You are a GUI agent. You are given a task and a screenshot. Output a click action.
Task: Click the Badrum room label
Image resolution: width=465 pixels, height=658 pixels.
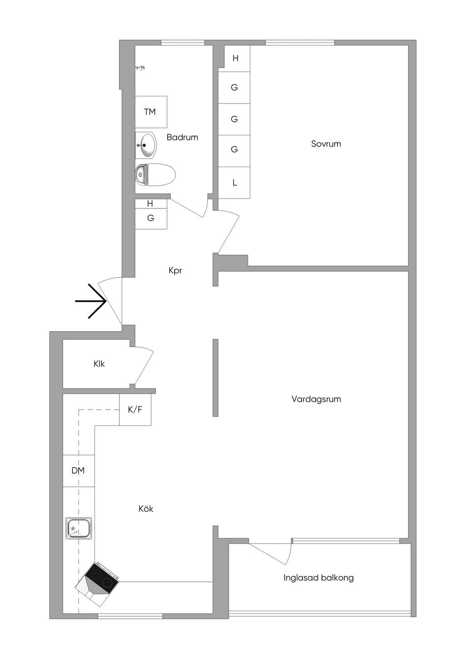(x=182, y=137)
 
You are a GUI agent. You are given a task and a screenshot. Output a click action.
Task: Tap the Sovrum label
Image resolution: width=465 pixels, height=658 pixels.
(x=326, y=144)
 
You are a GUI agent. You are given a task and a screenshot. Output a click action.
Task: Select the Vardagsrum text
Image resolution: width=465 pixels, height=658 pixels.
(x=316, y=399)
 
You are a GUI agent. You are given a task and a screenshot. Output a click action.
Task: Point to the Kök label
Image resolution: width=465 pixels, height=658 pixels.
(x=146, y=509)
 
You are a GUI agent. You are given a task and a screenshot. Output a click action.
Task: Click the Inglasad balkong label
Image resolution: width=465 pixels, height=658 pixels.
(x=318, y=578)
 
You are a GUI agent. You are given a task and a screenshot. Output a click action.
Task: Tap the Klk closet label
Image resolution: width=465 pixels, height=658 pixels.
(x=99, y=364)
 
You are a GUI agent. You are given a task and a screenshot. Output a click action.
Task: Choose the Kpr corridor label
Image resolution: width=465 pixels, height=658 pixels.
(x=175, y=271)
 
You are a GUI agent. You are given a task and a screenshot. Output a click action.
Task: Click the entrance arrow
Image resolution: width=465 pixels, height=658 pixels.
(x=90, y=301)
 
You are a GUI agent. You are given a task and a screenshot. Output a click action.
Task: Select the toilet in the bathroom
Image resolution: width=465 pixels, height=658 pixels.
(x=155, y=175)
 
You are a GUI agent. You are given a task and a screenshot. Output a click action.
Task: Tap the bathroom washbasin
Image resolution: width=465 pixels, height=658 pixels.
(x=146, y=145)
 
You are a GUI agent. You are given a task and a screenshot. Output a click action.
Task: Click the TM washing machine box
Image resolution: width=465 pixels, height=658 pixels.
(x=151, y=112)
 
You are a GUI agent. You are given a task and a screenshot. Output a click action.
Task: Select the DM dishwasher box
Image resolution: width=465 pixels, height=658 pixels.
(x=79, y=470)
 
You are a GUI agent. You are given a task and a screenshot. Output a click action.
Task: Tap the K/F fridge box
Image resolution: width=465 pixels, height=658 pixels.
(x=135, y=410)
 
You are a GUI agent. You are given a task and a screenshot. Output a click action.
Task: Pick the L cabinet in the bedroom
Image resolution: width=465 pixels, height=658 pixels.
(x=234, y=183)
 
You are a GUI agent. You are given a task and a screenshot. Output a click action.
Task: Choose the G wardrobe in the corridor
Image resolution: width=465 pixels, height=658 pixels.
(x=151, y=218)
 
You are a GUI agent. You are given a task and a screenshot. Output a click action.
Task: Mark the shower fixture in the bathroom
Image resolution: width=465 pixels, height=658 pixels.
(x=141, y=68)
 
